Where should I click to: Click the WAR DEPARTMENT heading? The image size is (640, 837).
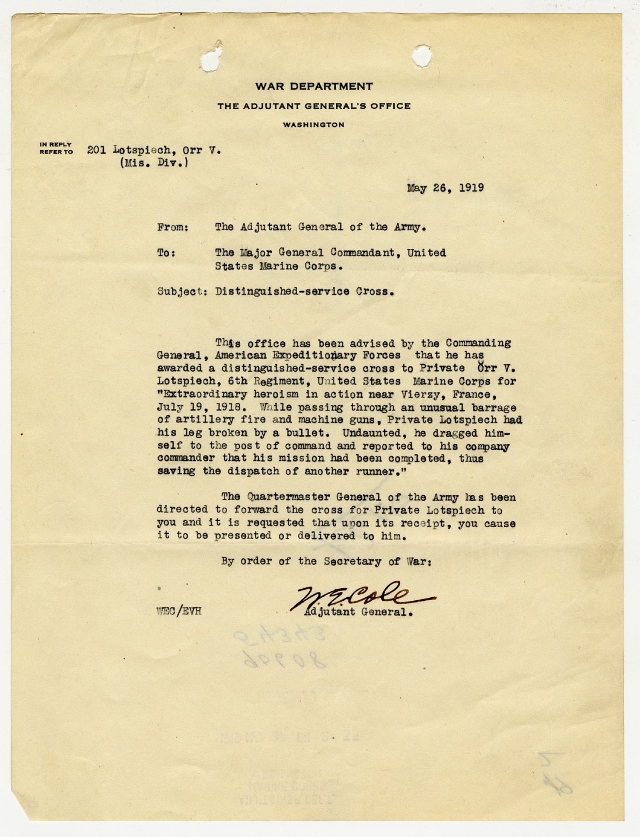pyautogui.click(x=314, y=86)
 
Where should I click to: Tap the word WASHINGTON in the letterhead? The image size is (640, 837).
pyautogui.click(x=314, y=125)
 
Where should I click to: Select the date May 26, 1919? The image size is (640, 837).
pyautogui.click(x=445, y=188)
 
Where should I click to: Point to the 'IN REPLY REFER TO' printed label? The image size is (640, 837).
pyautogui.click(x=56, y=148)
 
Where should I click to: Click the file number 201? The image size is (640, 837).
pyautogui.click(x=96, y=150)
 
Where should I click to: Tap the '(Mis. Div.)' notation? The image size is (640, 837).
pyautogui.click(x=154, y=163)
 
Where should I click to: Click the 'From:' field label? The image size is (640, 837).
pyautogui.click(x=173, y=227)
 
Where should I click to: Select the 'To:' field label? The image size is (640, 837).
pyautogui.click(x=166, y=253)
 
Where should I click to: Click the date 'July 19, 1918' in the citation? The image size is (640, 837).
pyautogui.click(x=199, y=407)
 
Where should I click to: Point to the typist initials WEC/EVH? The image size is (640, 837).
pyautogui.click(x=179, y=611)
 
